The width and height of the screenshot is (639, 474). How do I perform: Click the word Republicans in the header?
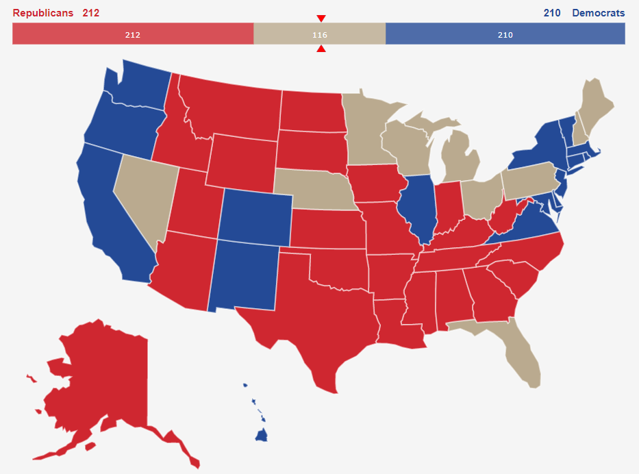click(42, 13)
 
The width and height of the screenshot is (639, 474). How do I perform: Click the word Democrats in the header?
click(598, 13)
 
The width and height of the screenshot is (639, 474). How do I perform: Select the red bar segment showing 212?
click(133, 34)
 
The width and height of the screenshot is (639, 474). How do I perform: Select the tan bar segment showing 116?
click(319, 34)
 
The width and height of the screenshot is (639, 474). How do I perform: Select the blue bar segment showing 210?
click(505, 34)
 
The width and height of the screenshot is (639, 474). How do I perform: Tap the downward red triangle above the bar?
click(321, 18)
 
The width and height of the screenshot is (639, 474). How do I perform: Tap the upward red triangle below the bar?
click(321, 49)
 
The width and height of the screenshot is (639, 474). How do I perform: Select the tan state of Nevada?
click(144, 192)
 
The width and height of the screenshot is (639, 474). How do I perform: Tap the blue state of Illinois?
click(418, 205)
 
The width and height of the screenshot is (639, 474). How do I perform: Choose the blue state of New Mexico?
click(243, 274)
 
